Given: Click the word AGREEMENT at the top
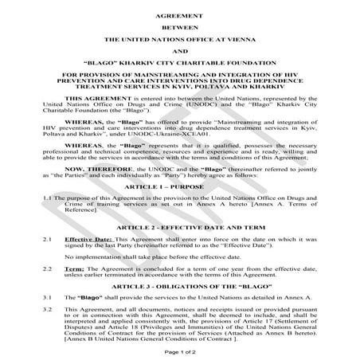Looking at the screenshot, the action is coord(180,14).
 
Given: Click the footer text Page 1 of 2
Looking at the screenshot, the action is coord(180,350).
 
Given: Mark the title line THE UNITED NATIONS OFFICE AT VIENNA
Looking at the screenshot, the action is coord(180,37).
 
